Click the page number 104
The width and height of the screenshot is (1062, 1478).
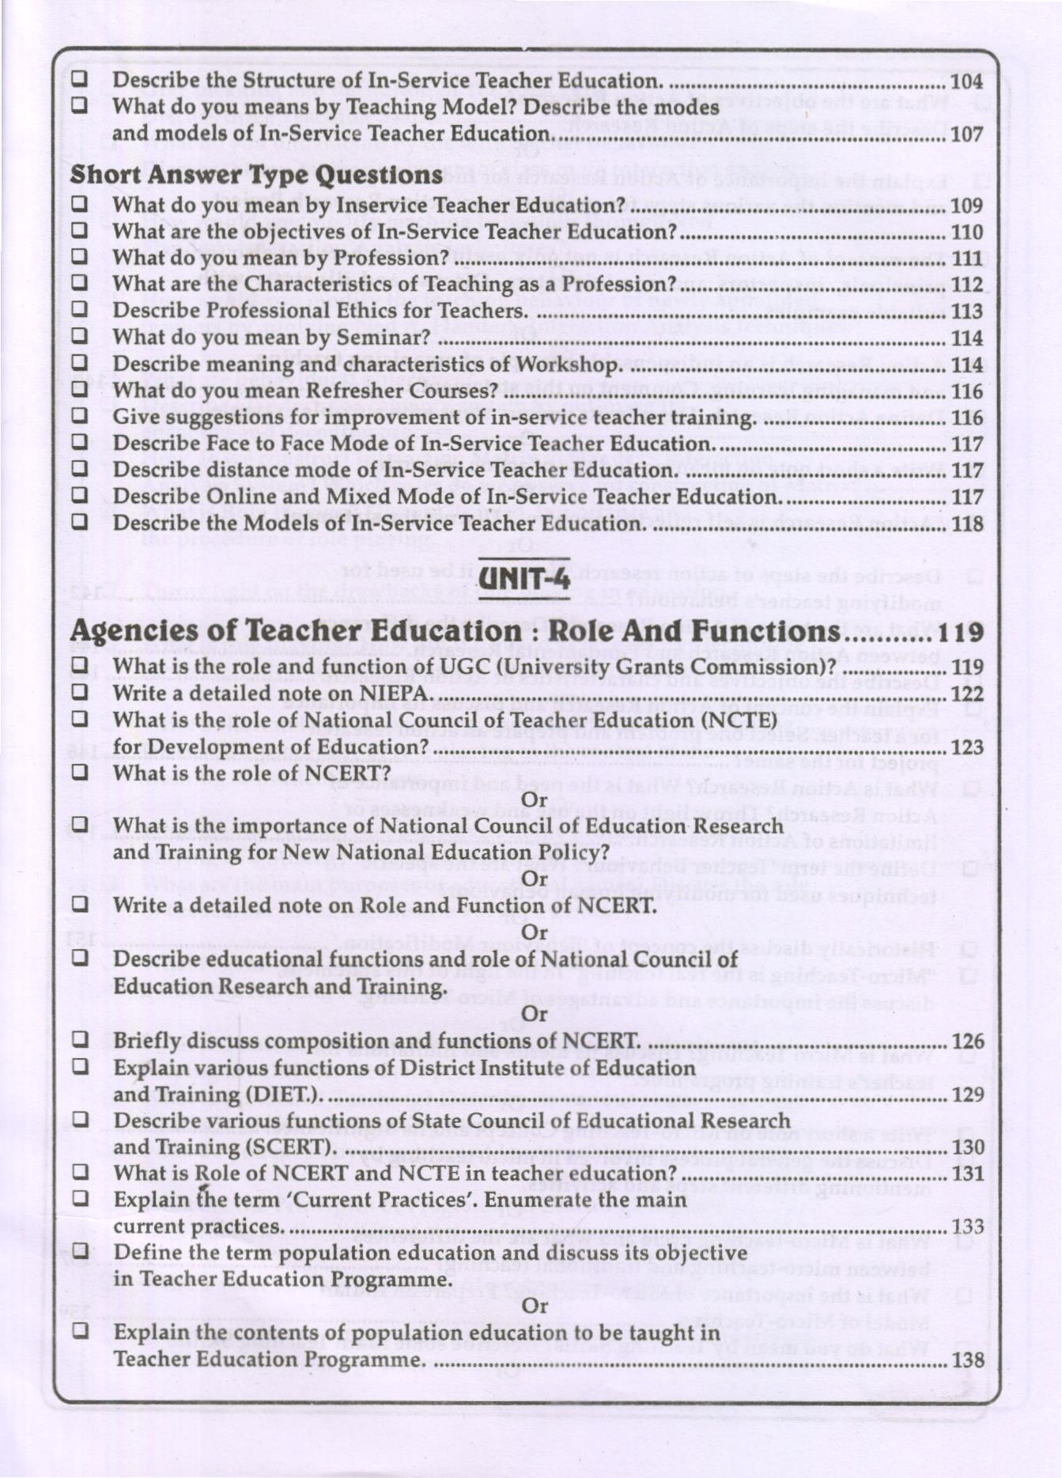(x=966, y=81)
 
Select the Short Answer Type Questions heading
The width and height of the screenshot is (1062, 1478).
(x=256, y=175)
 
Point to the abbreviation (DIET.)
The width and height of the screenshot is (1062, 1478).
(x=284, y=1095)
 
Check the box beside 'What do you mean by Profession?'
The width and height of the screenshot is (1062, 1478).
(x=80, y=258)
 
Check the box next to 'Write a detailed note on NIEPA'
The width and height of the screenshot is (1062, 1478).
(x=80, y=692)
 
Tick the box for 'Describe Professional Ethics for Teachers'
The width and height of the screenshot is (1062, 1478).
(x=80, y=310)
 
